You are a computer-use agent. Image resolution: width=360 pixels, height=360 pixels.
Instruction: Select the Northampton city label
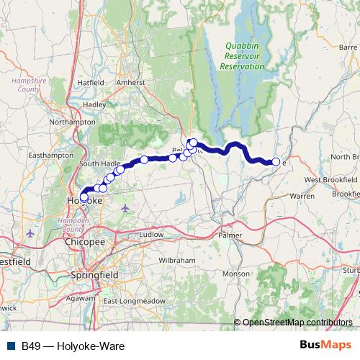point(72,122)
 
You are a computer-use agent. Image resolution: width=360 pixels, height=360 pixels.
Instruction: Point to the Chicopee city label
point(85,243)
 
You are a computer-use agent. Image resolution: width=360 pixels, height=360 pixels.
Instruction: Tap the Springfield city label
point(92,275)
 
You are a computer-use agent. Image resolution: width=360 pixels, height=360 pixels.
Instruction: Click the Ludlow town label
point(152,235)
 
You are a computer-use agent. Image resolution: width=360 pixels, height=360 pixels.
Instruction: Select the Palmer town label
point(230,235)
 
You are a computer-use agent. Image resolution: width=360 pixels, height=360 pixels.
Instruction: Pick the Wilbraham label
point(172,258)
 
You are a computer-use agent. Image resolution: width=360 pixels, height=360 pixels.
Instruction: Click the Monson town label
point(235,274)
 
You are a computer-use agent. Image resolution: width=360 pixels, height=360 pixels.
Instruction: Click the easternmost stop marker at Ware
point(276,162)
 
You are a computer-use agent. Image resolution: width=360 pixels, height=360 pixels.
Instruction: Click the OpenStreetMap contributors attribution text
point(297,322)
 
